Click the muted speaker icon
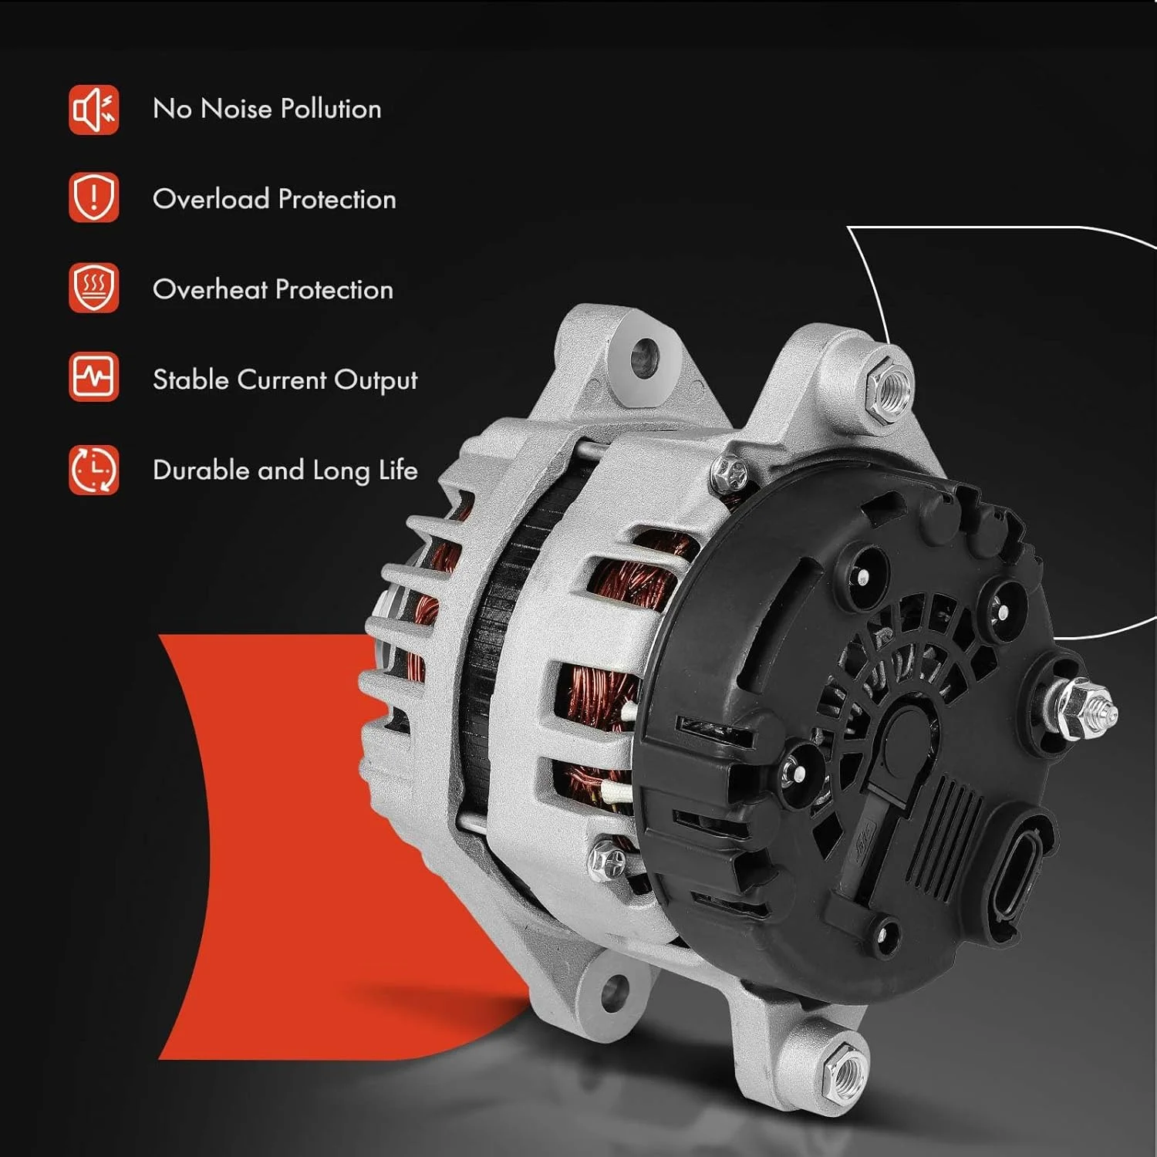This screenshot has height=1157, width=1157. (x=93, y=110)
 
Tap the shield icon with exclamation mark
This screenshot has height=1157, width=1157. (x=93, y=197)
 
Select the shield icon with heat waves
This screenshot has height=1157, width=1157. (x=93, y=288)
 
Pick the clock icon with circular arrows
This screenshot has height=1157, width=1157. (x=93, y=469)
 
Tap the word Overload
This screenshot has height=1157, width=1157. (x=211, y=199)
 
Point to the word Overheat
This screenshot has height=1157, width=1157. (x=210, y=289)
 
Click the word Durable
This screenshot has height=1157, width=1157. (x=201, y=470)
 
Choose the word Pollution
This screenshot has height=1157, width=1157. (x=331, y=109)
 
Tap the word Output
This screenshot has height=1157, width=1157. (x=376, y=381)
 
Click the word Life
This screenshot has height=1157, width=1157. (x=398, y=470)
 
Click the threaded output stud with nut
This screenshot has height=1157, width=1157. (x=1080, y=703)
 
